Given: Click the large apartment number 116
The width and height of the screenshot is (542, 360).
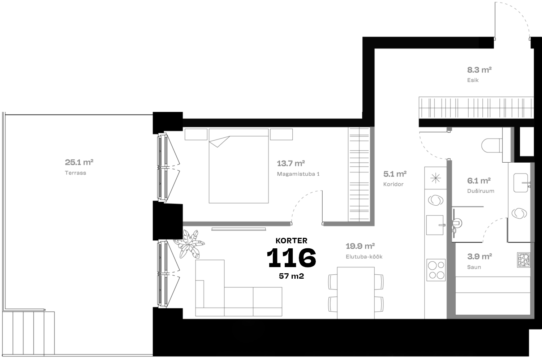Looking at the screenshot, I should pos(291,258).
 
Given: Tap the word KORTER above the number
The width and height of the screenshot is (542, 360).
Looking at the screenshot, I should pos(291,241).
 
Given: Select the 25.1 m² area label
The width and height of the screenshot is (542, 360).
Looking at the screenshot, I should pos(79,162).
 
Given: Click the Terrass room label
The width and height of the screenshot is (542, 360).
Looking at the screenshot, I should pos(76,173).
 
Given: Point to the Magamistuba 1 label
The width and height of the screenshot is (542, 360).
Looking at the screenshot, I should pos(298,174).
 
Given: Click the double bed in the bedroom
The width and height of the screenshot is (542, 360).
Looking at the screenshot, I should pos(238,170).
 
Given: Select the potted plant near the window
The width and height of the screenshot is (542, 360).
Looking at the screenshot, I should pos(189,243).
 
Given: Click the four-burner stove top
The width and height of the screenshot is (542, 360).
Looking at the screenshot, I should pos(436,270).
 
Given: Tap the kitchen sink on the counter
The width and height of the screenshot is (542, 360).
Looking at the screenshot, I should pos(435,225).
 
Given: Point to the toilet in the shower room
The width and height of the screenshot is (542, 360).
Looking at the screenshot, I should pos(491,146).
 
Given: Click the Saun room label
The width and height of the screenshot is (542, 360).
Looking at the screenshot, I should pos(474,267).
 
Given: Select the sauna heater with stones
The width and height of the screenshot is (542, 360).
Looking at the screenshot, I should pos(523,260).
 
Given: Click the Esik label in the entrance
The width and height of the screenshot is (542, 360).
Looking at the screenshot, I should pos(473,80).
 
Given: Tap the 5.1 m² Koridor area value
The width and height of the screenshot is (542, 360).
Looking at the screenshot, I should pos(395,174).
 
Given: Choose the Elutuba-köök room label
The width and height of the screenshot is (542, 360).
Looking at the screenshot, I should pos(364,257).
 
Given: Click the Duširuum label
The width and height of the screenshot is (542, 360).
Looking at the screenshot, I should pos(481,191).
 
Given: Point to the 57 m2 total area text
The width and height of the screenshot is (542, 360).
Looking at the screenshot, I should pos(291,276).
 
